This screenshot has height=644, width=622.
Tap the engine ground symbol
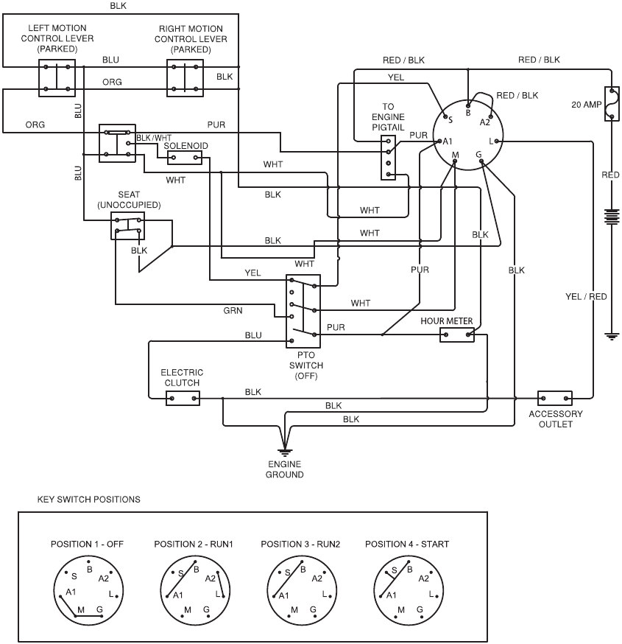(284, 452)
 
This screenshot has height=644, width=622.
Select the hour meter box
(456, 335)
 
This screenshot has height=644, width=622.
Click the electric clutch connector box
(183, 399)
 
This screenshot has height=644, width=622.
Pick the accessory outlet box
(555, 398)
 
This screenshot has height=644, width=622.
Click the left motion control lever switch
(57, 78)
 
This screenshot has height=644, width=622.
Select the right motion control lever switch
(183, 78)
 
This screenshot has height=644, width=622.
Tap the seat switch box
(127, 225)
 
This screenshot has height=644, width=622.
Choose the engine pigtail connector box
(388, 157)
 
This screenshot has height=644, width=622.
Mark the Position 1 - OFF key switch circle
(87, 589)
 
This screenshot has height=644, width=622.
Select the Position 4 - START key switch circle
(407, 589)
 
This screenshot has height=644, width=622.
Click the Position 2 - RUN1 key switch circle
(194, 589)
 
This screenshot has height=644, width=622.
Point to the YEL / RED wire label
(586, 297)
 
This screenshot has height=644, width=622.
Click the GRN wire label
(233, 310)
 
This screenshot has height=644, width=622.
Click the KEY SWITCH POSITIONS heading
(88, 500)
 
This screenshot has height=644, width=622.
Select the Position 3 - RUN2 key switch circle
(300, 589)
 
